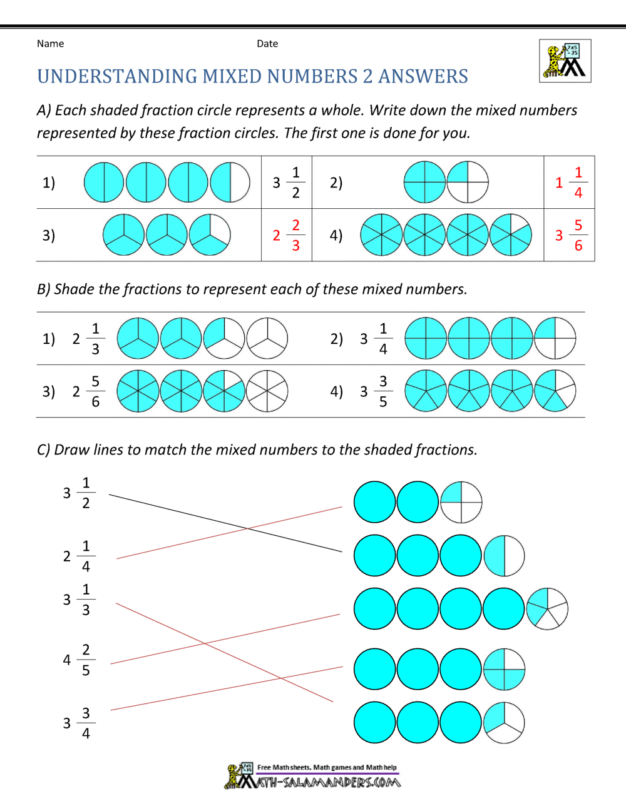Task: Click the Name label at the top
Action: [x=50, y=44]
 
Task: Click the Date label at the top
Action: [x=267, y=44]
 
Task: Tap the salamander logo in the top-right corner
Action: [x=565, y=61]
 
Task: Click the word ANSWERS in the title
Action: [x=423, y=76]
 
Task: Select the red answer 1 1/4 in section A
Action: [x=569, y=183]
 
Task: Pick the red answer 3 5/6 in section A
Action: [x=569, y=235]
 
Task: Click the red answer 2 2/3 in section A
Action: [x=287, y=235]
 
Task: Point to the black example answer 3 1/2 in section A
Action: [x=287, y=183]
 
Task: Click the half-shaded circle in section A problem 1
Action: [x=230, y=183]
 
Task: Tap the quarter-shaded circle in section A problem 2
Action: [x=467, y=183]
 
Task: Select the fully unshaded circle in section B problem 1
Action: [x=267, y=339]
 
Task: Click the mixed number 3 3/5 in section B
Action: [x=374, y=391]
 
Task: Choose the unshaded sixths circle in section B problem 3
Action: [x=267, y=391]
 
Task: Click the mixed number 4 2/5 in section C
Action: [x=78, y=660]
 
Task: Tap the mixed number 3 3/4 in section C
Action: [x=78, y=723]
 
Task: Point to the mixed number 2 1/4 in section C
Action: [x=78, y=556]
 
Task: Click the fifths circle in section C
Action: [x=547, y=608]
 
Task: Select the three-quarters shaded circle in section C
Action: [x=504, y=670]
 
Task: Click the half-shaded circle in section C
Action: [x=504, y=555]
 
